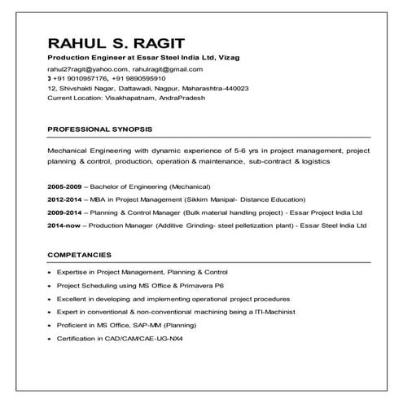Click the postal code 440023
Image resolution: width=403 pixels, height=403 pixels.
click(x=233, y=88)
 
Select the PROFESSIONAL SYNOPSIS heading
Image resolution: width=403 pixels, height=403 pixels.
click(x=99, y=129)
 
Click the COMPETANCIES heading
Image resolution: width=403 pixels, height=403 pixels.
click(x=79, y=255)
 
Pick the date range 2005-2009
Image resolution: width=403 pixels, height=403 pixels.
click(x=64, y=186)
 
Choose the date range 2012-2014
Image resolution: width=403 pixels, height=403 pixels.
click(x=64, y=199)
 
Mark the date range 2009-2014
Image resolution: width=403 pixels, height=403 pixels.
click(x=64, y=212)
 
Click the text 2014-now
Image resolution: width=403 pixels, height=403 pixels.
click(x=63, y=225)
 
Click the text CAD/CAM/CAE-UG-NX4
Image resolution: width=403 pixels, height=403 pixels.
click(x=147, y=337)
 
